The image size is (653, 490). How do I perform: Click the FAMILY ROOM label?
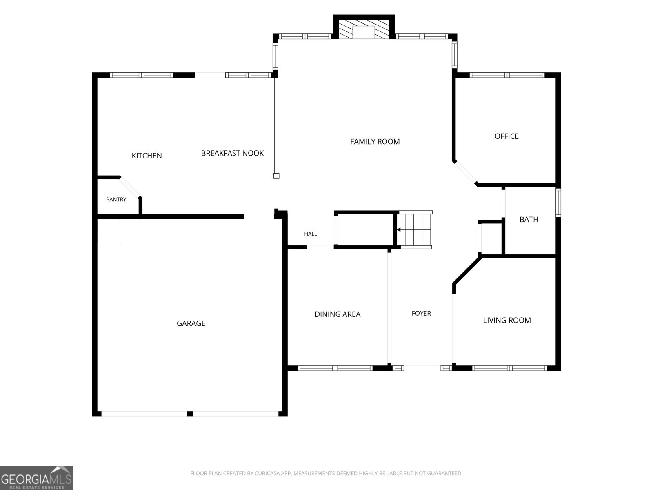click(375, 142)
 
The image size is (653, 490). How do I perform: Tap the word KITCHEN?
click(147, 156)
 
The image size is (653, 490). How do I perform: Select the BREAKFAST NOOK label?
click(232, 153)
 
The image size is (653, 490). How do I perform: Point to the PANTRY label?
click(116, 199)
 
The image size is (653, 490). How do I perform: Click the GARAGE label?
click(191, 323)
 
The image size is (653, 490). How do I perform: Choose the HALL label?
click(311, 234)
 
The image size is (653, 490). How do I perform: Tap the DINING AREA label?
click(338, 314)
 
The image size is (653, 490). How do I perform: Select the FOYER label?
click(421, 313)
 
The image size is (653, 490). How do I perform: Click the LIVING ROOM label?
click(507, 321)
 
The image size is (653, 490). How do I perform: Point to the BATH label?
click(529, 220)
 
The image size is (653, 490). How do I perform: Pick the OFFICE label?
click(506, 136)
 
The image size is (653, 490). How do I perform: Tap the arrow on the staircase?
click(399, 229)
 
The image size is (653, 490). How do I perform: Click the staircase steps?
click(415, 229)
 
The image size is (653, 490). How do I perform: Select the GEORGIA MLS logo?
click(37, 478)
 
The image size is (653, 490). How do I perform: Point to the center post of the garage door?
click(190, 414)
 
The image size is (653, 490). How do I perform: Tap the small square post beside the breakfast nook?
click(276, 176)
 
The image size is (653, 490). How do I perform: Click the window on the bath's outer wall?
click(558, 203)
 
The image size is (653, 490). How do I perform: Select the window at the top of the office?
click(507, 75)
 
